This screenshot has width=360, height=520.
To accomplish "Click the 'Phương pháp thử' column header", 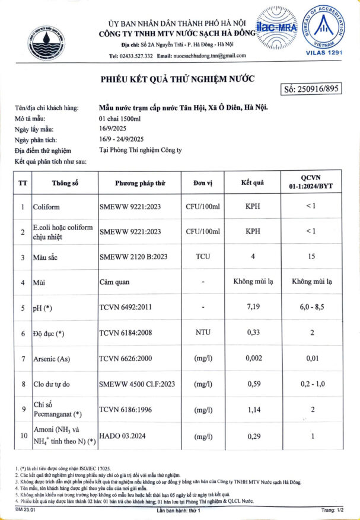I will tap(140, 183).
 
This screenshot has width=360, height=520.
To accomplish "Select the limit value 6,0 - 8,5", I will tap(313, 308).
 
